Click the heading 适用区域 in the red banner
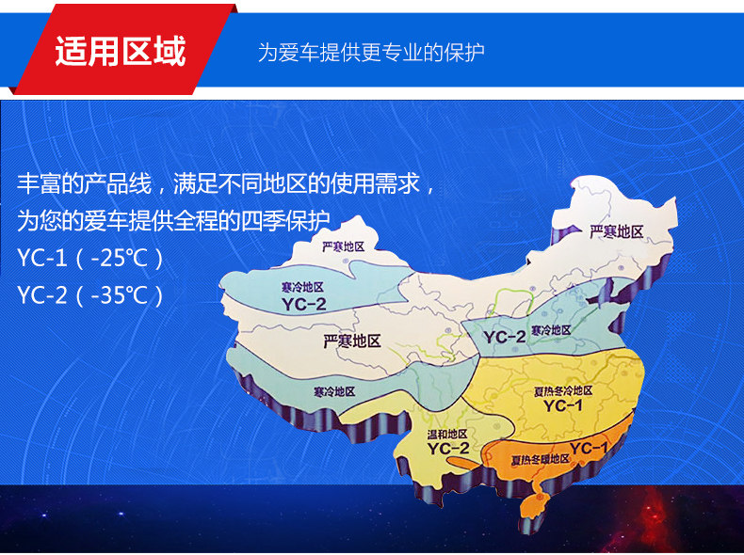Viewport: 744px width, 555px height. click(120, 51)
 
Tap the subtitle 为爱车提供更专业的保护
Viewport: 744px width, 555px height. click(371, 52)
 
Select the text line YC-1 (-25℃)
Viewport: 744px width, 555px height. click(90, 259)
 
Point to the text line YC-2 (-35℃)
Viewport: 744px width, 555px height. click(90, 294)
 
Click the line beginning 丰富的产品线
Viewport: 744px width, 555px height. click(225, 183)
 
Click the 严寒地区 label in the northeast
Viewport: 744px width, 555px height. click(616, 231)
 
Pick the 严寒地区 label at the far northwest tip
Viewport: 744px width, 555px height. click(343, 246)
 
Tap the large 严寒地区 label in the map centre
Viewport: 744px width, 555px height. click(352, 341)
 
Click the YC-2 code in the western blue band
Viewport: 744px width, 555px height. click(303, 304)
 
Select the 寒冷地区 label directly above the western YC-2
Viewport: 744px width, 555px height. click(302, 287)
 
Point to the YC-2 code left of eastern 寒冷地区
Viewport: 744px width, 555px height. click(505, 337)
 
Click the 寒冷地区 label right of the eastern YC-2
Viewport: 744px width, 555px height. click(550, 330)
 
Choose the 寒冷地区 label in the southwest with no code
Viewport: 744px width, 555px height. click(334, 392)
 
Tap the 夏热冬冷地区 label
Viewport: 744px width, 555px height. click(563, 391)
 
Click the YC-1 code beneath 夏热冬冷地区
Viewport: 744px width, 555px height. click(563, 405)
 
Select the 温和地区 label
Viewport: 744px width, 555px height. click(447, 435)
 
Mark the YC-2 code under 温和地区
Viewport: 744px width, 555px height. click(448, 449)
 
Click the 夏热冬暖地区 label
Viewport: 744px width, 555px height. click(540, 459)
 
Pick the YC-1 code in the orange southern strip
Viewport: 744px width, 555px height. click(589, 448)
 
